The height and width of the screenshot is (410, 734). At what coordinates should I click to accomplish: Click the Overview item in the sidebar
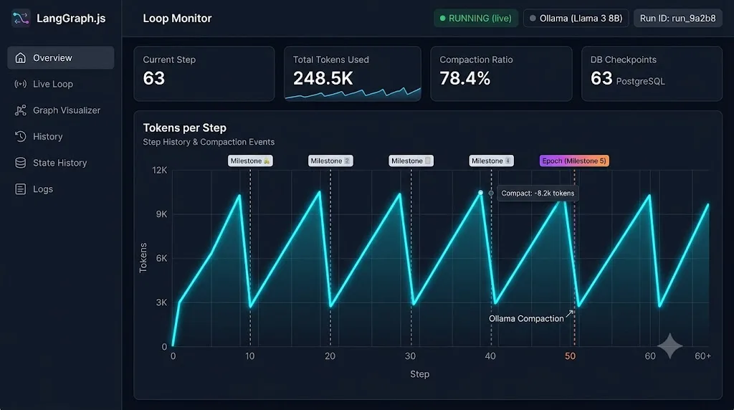coord(60,57)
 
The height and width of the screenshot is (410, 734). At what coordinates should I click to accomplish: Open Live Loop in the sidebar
coord(44,85)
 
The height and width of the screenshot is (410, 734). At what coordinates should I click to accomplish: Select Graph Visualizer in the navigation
coord(57,110)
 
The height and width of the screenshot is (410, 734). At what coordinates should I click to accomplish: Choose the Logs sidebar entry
coord(34,189)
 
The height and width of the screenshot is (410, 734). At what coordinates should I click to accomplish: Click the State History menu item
coord(51,163)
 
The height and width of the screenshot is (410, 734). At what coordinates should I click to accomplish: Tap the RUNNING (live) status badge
coord(476,18)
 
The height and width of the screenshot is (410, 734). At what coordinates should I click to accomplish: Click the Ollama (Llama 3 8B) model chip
coord(576,18)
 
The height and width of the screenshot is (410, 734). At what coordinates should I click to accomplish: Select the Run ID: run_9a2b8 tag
coord(677,18)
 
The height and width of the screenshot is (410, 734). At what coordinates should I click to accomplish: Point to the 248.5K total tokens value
coord(323,78)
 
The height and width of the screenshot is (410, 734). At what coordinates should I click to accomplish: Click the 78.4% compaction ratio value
coord(464,78)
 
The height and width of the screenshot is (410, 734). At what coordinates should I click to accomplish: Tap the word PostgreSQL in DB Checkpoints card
coord(640,82)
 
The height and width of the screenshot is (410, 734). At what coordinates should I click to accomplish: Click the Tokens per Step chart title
coord(184,128)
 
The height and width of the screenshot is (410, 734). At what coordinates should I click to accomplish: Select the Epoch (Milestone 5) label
coord(574,161)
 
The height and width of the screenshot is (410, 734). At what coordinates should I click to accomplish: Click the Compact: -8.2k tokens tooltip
coord(538,194)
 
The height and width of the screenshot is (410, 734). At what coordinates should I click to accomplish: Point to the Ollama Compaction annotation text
coord(526,319)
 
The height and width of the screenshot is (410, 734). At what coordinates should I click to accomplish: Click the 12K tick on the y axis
coord(160,171)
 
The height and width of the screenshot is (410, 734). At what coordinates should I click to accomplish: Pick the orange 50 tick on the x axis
coord(570,356)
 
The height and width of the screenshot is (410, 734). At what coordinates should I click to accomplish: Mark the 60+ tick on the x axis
coord(702,356)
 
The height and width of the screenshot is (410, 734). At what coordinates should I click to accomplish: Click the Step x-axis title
coord(419,374)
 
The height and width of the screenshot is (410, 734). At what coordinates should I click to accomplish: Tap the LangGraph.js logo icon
coord(21,18)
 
